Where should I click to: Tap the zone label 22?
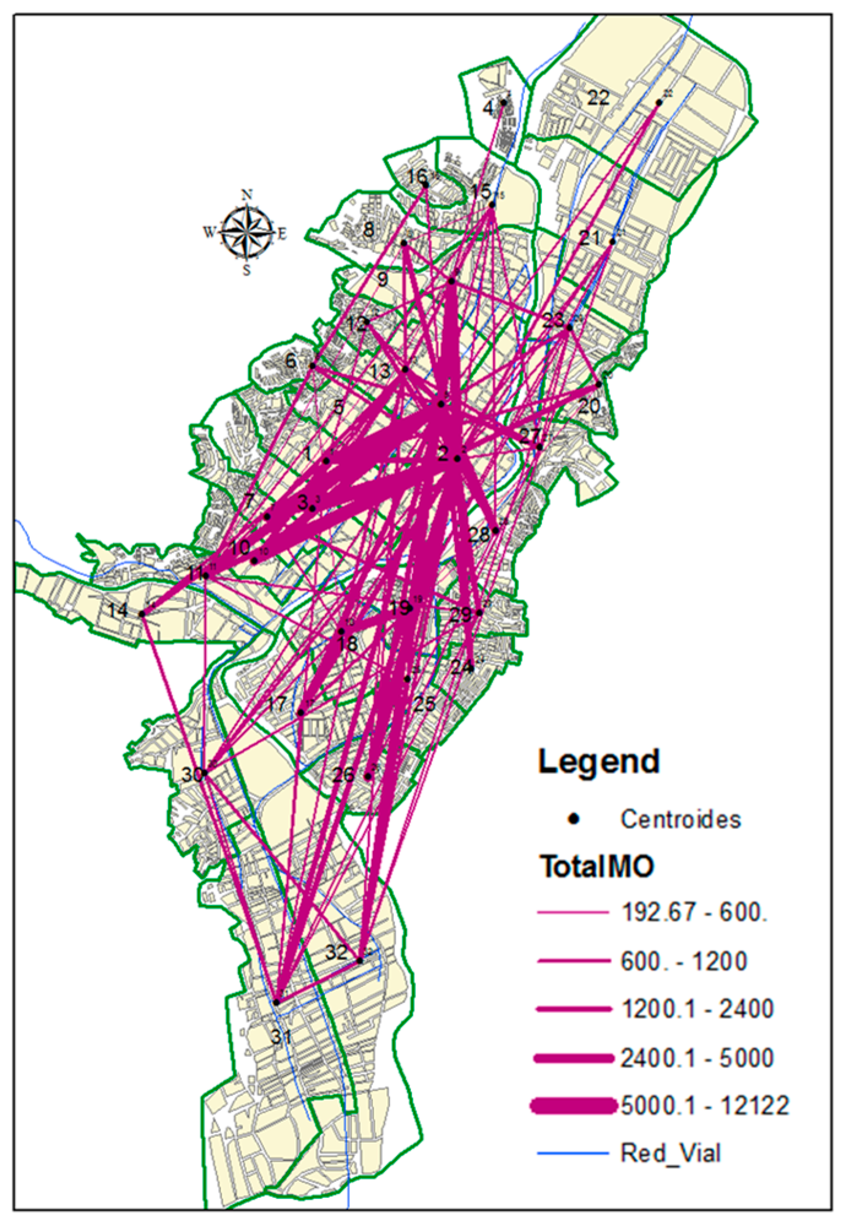598,97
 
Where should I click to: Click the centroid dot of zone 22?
659,103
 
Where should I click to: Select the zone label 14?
118,610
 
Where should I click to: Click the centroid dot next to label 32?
360,961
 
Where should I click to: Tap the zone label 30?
191,774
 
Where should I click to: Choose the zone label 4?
488,108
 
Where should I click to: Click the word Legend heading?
598,762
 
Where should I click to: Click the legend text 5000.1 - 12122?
705,1106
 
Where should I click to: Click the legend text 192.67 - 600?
694,912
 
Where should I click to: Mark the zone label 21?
590,238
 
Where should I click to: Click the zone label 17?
277,704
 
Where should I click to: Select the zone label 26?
343,775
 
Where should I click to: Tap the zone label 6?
291,361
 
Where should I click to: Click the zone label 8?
368,230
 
